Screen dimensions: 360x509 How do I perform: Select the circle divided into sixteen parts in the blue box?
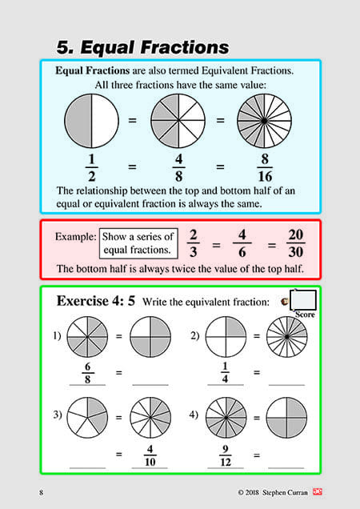[262, 122]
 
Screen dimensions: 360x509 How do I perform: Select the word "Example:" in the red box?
[76, 237]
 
